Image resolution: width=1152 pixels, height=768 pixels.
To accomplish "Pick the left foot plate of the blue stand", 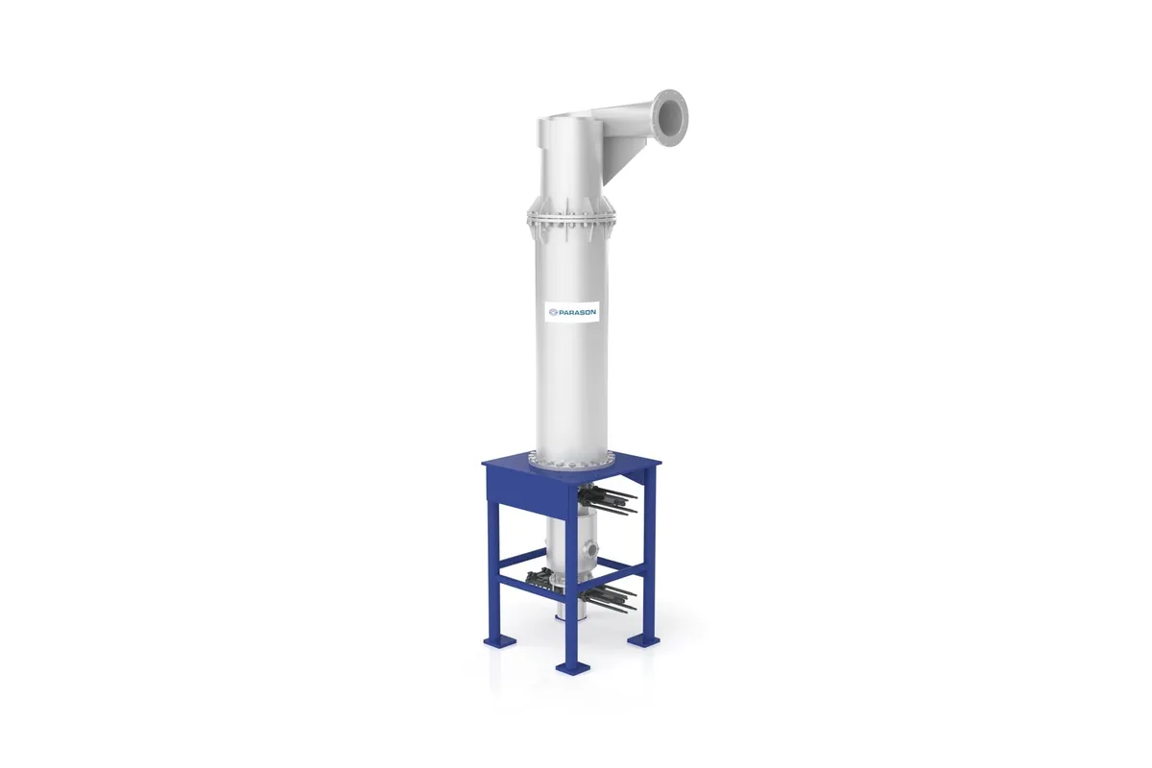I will point(499,639).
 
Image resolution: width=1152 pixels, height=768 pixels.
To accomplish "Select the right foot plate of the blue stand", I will point(641,638).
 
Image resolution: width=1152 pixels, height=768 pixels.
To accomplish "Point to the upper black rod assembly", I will point(608,498).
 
